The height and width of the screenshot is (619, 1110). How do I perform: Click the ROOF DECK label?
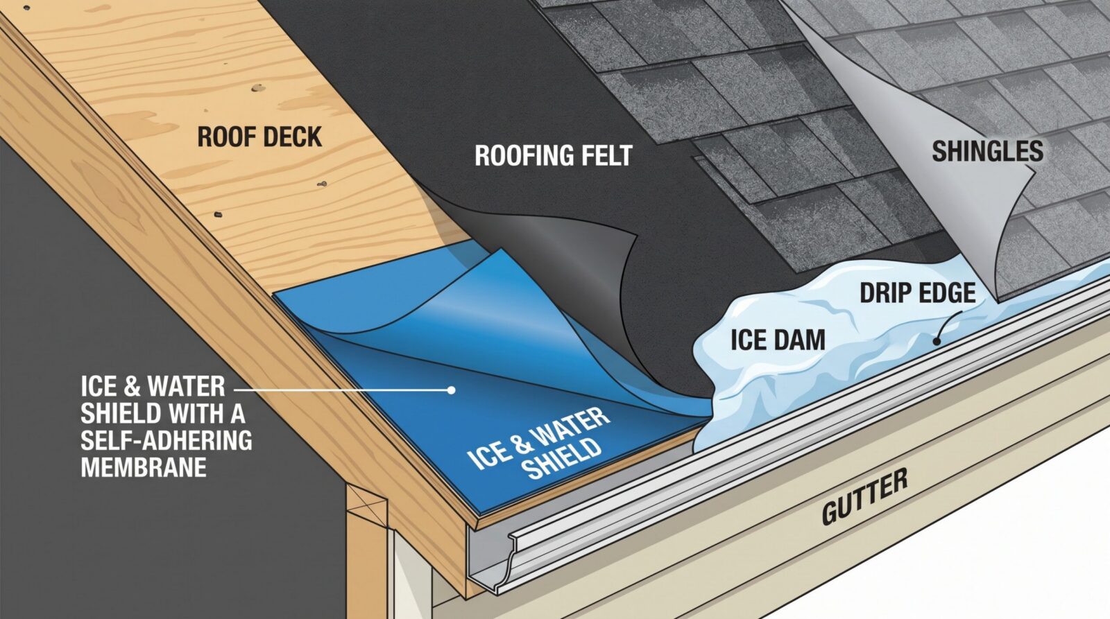pyautogui.click(x=259, y=137)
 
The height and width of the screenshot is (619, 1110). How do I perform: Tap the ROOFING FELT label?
pyautogui.click(x=554, y=155)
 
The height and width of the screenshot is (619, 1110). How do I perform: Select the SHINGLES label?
pyautogui.click(x=988, y=151)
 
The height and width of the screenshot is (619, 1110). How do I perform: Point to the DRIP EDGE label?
pyautogui.click(x=918, y=293)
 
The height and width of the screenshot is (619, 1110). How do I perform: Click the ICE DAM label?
pyautogui.click(x=778, y=340)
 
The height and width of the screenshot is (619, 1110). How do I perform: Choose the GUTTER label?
pyautogui.click(x=864, y=497)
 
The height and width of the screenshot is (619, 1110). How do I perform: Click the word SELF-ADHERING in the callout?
pyautogui.click(x=166, y=440)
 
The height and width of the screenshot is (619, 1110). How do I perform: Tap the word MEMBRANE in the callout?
pyautogui.click(x=144, y=467)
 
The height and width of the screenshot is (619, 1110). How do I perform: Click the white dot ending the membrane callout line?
pyautogui.click(x=451, y=390)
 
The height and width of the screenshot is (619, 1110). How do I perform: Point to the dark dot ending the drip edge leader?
pyautogui.click(x=937, y=341)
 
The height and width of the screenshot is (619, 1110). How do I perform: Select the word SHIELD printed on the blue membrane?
pyautogui.click(x=563, y=460)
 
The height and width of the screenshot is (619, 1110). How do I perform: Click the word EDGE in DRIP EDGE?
pyautogui.click(x=948, y=293)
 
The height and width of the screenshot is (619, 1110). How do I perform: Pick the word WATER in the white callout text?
pyautogui.click(x=187, y=386)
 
